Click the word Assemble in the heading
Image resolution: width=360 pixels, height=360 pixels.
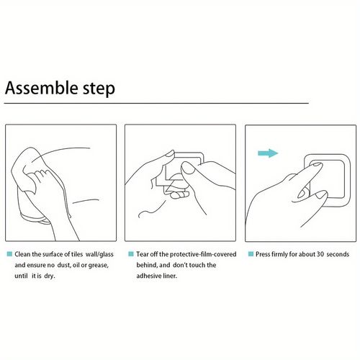[x=41, y=88]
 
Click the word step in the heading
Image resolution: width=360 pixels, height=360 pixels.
[x=99, y=89]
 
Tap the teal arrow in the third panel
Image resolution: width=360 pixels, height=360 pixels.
[x=268, y=153]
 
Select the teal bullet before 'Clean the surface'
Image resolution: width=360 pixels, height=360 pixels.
[x=9, y=253]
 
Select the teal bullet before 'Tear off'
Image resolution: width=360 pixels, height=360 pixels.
[x=131, y=253]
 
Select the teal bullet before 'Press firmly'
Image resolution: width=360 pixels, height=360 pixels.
[x=251, y=253]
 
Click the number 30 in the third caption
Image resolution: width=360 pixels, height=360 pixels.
[x=320, y=254]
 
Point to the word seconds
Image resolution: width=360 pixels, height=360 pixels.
[x=338, y=254]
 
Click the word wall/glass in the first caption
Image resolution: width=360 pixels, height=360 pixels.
[x=99, y=254]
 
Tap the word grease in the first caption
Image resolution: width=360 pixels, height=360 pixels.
[x=98, y=266]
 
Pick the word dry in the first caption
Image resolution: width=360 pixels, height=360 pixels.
[x=50, y=276]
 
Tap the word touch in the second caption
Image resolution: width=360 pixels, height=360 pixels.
[x=197, y=265]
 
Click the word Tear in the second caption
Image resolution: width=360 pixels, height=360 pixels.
[x=143, y=254]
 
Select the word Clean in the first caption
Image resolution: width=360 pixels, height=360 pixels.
[x=22, y=254]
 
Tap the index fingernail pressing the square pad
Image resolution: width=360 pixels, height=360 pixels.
[x=316, y=165]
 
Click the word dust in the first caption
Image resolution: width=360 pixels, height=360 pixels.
[x=63, y=265]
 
